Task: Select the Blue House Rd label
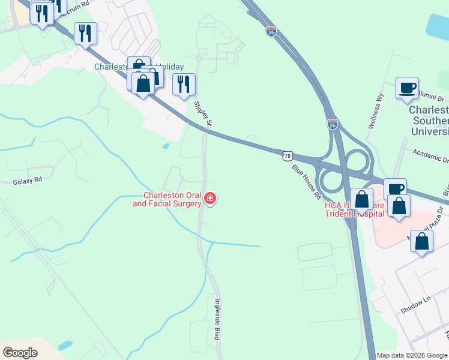click(307, 182)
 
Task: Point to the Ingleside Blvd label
click(218, 320)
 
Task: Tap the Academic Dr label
click(430, 156)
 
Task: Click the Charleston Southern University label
click(429, 121)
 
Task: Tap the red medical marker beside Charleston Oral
click(209, 199)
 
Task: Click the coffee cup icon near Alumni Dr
click(407, 88)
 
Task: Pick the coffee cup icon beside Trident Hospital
click(395, 189)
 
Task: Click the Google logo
click(20, 353)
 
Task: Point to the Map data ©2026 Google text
click(412, 355)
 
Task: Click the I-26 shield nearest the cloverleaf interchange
click(333, 124)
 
